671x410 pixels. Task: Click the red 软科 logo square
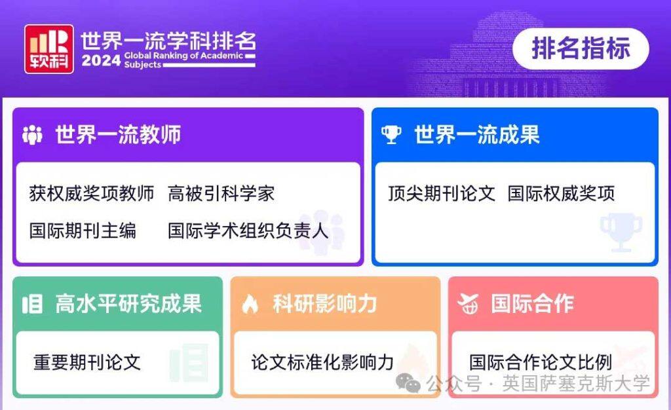(48, 48)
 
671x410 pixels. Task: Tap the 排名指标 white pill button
(581, 48)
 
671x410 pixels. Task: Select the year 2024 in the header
(101, 60)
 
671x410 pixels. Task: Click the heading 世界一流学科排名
(168, 41)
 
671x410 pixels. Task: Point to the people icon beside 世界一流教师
(32, 135)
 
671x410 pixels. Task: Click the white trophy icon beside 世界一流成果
(391, 135)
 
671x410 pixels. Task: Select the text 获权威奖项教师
(92, 193)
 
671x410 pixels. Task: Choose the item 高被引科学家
(221, 193)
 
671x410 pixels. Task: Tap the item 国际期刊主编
(83, 231)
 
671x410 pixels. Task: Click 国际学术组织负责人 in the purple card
(248, 231)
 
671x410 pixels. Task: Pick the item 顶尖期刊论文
(442, 193)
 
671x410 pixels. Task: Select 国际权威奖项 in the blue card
(561, 193)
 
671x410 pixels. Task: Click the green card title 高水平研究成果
(128, 304)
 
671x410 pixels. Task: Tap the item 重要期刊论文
(87, 362)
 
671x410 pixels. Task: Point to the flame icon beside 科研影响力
(250, 304)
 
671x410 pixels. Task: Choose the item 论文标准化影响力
(322, 362)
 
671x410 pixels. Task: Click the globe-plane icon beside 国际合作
(468, 303)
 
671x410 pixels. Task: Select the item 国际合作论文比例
(541, 362)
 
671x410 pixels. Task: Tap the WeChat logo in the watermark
(408, 382)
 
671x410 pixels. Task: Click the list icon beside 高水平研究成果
(32, 304)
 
